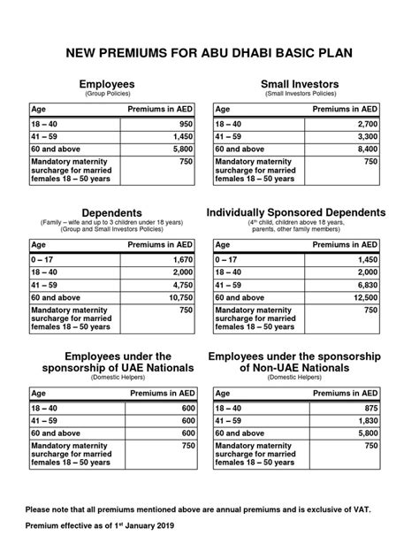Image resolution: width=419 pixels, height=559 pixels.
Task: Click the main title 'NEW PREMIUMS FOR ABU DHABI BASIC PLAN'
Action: coord(209,54)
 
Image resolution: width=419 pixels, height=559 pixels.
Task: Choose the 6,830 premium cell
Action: coord(367,287)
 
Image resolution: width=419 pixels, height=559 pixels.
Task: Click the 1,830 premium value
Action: coord(367,423)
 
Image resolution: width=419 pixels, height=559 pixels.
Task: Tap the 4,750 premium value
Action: coord(182,287)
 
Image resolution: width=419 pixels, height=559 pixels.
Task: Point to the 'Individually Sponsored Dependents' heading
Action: coord(295,213)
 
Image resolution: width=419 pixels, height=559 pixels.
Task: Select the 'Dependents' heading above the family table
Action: coord(112,213)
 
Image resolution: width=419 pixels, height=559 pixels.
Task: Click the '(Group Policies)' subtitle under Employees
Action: coord(112,93)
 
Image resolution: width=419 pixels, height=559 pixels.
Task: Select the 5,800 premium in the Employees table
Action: coord(182,150)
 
